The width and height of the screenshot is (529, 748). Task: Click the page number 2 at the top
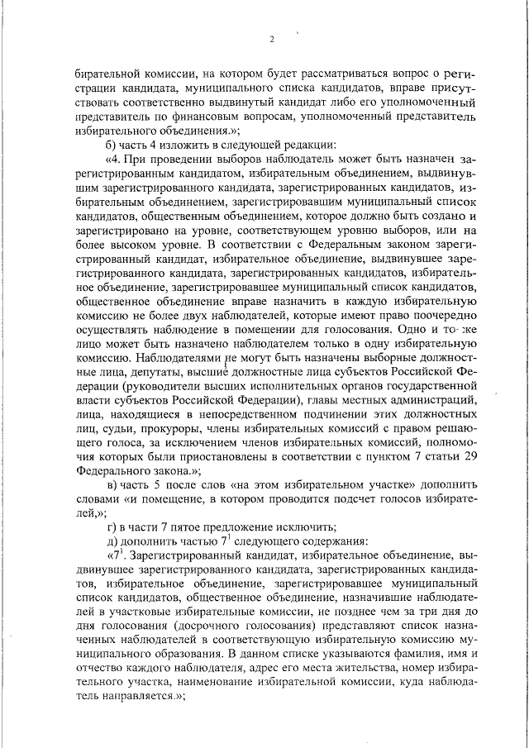tap(271, 39)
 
